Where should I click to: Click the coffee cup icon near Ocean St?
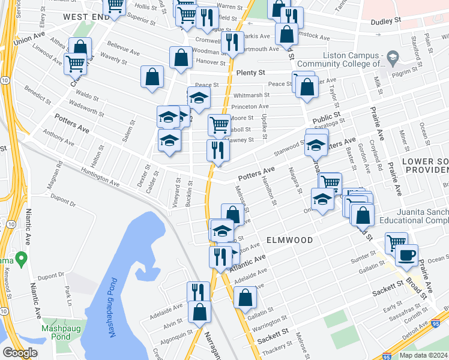coord(406,256)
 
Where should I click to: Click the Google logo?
coord(20,353)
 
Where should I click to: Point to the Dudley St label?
coord(385,20)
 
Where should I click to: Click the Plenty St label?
coord(250,73)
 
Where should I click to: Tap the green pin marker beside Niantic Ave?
coord(22,260)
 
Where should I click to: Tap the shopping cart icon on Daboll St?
coord(219,125)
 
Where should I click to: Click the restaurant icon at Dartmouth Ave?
coord(231,42)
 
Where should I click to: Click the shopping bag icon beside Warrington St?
coord(244,297)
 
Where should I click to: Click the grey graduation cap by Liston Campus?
coord(393,59)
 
